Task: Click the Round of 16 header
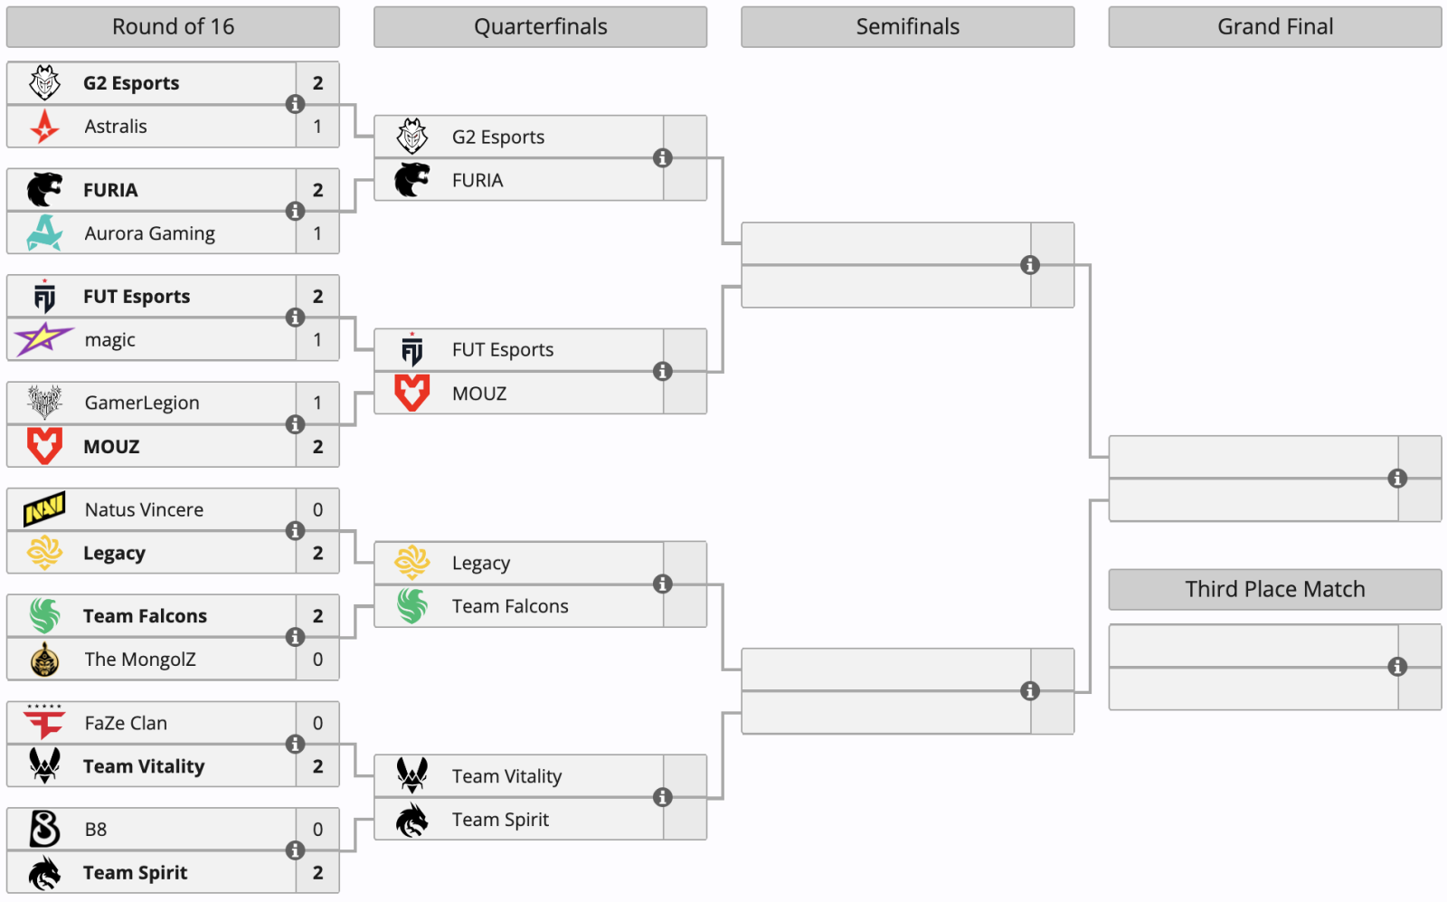point(173,26)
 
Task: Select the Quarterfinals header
point(540,26)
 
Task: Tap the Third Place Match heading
point(1274,589)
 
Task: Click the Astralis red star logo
point(44,126)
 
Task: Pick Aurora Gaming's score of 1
point(317,233)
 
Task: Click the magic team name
point(109,340)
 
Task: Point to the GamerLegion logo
point(44,403)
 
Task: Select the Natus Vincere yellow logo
point(44,509)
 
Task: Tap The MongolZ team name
point(140,659)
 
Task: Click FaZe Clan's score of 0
point(317,723)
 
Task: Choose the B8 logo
point(44,829)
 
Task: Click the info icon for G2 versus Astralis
point(295,104)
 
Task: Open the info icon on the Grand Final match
point(1397,478)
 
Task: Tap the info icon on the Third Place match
point(1397,667)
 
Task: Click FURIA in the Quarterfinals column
point(478,180)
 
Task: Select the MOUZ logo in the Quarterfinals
point(412,393)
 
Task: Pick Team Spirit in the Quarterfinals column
point(501,820)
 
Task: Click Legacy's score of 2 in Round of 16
point(317,553)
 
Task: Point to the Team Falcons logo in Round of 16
point(44,616)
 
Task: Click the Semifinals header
point(908,26)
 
